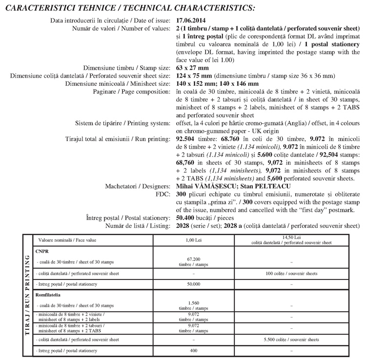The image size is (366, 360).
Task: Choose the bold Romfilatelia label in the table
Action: click(x=50, y=295)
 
